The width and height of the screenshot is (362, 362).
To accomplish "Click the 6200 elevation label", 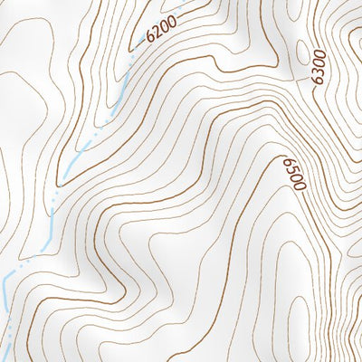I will point(160,34).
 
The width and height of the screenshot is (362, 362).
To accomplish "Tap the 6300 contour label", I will point(317,66).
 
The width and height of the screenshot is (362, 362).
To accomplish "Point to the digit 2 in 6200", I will point(156,37).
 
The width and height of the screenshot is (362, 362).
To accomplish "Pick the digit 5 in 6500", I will point(293,169).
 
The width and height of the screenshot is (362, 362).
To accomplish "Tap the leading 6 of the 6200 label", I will point(149,42).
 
